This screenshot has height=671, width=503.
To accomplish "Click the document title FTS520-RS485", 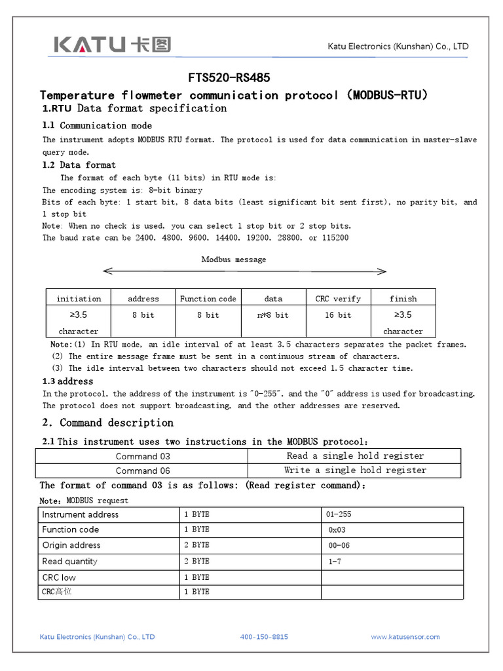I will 229,78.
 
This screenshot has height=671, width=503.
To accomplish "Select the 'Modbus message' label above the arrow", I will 233,259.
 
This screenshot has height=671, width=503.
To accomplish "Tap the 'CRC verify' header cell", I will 338,299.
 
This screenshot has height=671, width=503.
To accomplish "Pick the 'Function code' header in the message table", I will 208,299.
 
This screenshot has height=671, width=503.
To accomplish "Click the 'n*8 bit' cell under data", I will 273,315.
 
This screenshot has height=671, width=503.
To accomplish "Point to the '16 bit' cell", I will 338,315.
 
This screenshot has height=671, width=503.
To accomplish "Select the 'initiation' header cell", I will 79,299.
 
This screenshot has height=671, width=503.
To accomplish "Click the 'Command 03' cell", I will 142,456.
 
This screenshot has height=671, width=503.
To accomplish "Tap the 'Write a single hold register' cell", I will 355,470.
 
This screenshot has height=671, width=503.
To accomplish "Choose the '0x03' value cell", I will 337,530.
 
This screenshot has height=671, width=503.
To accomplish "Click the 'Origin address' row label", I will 71,545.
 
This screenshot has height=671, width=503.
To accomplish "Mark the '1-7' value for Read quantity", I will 335,562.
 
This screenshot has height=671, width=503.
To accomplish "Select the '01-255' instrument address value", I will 340,514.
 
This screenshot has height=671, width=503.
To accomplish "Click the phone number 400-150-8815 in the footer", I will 264,637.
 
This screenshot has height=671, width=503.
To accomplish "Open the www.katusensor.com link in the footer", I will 405,637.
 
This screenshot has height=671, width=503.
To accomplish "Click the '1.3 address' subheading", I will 67,381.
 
